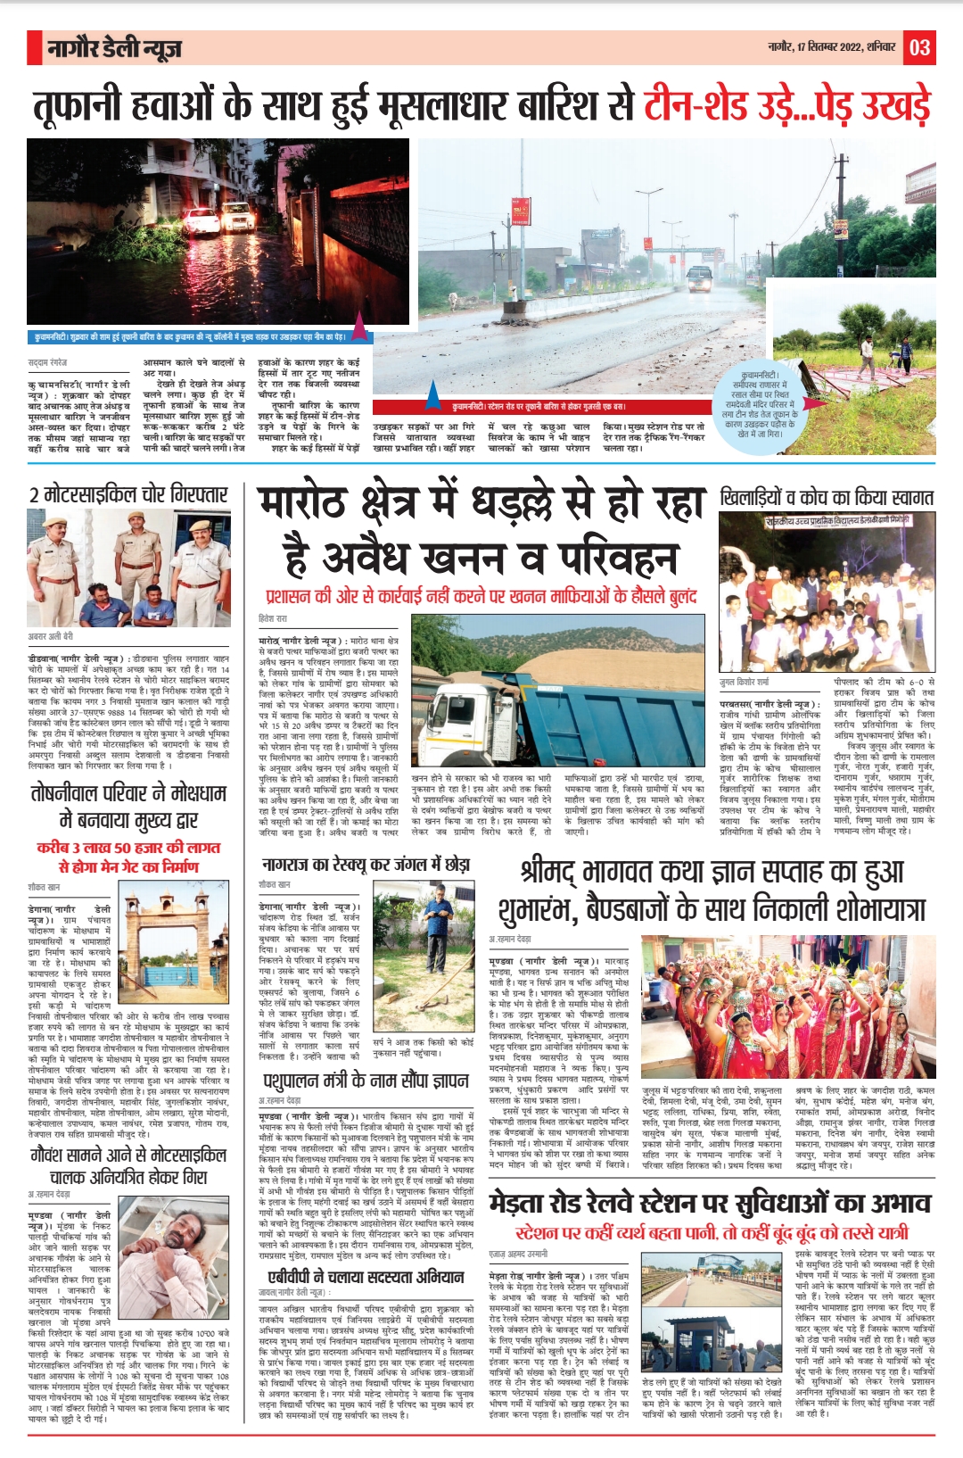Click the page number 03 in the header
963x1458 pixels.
point(919,47)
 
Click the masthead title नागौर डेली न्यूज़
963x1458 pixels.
point(115,48)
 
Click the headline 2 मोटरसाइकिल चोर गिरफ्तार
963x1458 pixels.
point(128,495)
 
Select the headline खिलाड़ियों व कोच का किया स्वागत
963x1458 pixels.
point(827,497)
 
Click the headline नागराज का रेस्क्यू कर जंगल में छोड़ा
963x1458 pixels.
point(366,865)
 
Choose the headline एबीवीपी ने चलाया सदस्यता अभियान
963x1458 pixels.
point(366,1277)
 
